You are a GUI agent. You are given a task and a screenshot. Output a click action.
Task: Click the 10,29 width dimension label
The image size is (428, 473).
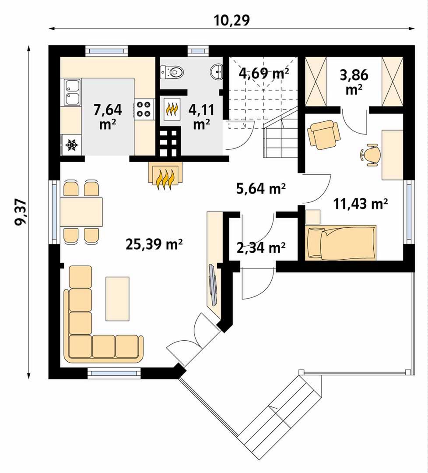[232, 21]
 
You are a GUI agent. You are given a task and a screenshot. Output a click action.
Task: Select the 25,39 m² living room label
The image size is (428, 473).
[154, 244]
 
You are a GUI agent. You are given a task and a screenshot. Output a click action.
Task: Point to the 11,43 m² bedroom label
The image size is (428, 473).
[361, 204]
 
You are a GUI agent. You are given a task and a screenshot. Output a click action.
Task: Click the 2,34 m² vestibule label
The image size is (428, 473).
[261, 248]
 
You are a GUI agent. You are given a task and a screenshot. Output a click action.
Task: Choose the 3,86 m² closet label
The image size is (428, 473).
[354, 81]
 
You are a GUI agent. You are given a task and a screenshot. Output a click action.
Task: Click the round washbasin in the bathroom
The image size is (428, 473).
[217, 71]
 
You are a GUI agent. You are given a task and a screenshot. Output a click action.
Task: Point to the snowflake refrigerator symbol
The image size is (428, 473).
[72, 145]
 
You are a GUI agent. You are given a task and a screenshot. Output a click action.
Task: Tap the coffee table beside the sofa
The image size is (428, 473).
[117, 299]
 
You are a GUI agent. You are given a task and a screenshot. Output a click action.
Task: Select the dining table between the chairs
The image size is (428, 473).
[81, 212]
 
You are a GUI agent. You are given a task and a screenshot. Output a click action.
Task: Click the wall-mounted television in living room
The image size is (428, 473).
[213, 285]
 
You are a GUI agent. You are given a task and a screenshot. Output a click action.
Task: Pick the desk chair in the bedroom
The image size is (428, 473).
[370, 155]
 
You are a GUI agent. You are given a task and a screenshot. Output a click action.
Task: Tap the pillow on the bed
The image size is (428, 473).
[315, 243]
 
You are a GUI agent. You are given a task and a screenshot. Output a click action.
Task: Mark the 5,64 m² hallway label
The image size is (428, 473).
[261, 189]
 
